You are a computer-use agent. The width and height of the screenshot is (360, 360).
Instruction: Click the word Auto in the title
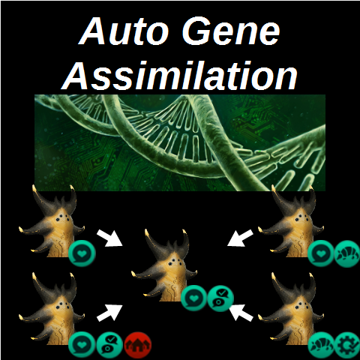tap(124, 31)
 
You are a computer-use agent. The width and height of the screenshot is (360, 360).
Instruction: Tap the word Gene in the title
tap(231, 31)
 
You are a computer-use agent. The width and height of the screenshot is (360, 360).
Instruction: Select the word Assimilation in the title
tap(179, 75)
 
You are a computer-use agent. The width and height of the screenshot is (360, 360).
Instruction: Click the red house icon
tap(138, 345)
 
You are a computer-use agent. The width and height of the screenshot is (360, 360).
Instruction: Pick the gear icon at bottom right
tap(347, 345)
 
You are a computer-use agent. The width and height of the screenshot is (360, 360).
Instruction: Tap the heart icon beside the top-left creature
tap(82, 253)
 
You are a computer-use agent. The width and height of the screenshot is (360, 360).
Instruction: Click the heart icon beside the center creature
tap(194, 298)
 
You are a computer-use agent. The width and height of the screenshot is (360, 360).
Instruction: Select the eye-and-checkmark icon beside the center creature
tap(220, 298)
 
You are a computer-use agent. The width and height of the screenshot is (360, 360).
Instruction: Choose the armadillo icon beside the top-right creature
tap(347, 253)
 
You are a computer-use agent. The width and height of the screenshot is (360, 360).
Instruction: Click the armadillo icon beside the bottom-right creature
tap(321, 345)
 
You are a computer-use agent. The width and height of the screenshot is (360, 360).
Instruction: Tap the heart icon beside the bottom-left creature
tap(82, 345)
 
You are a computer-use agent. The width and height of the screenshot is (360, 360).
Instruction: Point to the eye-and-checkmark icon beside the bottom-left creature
tap(110, 345)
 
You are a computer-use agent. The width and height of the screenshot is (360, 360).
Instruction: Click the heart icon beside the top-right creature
tap(321, 253)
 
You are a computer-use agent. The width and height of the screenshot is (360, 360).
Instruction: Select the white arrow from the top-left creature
tap(109, 238)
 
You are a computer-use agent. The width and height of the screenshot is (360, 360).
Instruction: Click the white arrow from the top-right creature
tap(240, 238)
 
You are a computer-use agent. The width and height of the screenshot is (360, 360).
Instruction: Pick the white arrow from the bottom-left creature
tap(109, 313)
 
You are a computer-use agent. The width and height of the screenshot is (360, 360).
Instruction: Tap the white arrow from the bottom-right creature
tap(241, 313)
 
